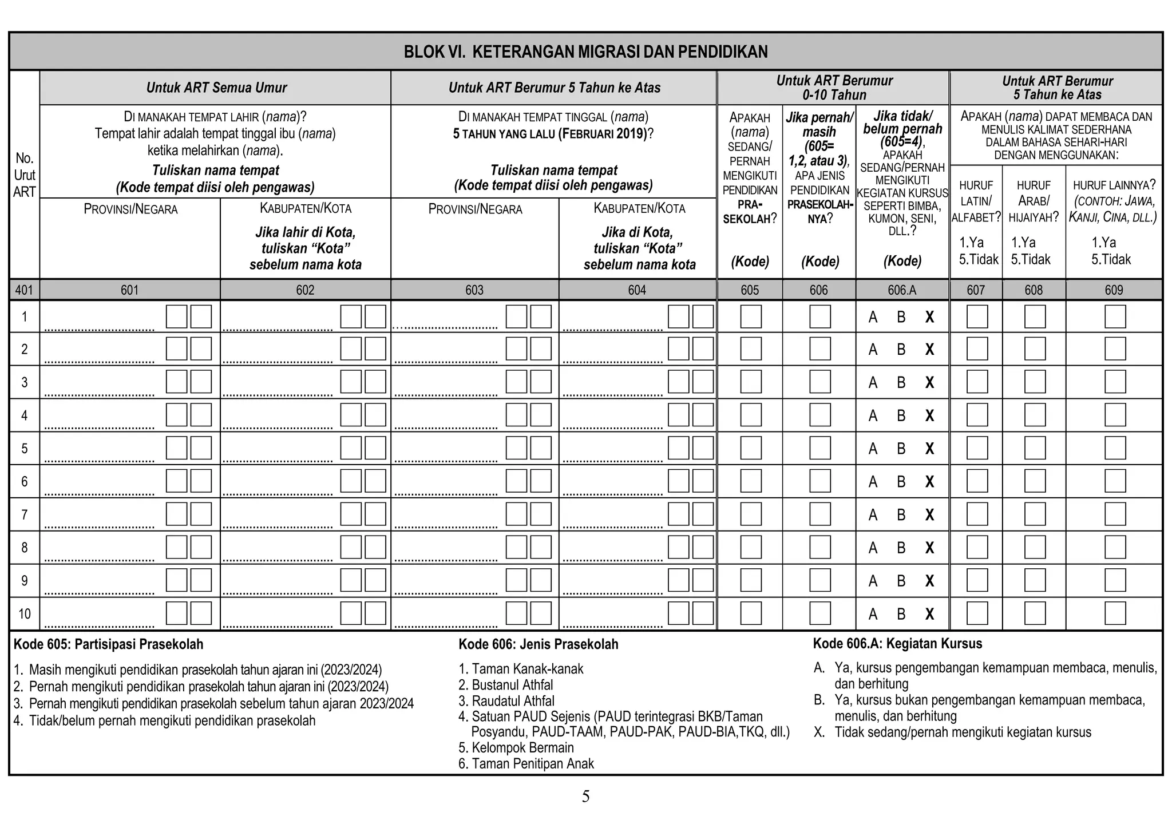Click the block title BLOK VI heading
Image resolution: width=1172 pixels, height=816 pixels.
(585, 52)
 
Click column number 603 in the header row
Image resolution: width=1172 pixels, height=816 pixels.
(474, 290)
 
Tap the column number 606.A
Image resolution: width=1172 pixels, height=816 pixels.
(902, 290)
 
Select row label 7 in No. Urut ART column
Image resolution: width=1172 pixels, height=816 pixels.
(24, 514)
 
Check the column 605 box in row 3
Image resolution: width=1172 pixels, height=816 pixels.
(751, 382)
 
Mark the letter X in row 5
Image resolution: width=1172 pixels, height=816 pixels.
(929, 449)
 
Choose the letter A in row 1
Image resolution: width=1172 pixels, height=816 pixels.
(873, 317)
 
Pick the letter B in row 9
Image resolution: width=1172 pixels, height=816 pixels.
(901, 581)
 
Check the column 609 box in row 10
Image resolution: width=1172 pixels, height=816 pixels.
(1115, 613)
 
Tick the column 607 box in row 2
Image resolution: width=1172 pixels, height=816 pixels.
(977, 349)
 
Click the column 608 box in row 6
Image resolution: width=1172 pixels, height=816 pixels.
(1035, 481)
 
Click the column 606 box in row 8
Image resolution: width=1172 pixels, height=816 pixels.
(820, 548)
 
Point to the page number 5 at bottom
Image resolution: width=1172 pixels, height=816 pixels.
(585, 796)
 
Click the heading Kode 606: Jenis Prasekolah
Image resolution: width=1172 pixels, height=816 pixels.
(538, 644)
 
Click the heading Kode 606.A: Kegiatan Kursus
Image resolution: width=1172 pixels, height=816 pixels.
(897, 644)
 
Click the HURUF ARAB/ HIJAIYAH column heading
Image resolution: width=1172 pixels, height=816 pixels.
(1034, 201)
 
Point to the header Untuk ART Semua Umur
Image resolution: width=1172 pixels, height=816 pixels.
(216, 88)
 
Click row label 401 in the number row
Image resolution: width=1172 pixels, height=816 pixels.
(24, 290)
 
